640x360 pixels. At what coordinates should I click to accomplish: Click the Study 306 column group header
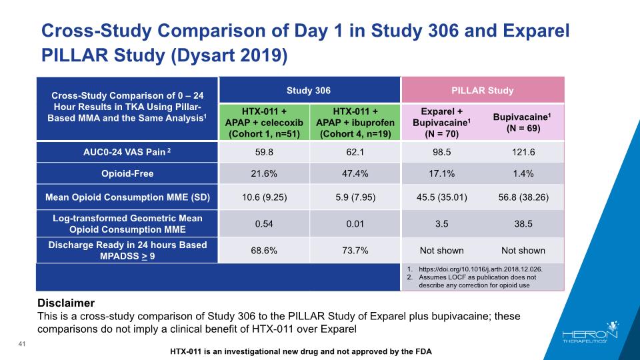(308, 90)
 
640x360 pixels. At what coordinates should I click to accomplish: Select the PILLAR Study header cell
(482, 90)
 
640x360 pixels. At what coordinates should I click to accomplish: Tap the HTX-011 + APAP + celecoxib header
(263, 122)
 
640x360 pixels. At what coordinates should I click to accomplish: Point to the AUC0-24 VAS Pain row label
(127, 151)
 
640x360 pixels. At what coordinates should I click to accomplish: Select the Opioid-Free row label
(127, 173)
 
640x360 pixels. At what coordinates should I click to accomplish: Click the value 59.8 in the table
(263, 151)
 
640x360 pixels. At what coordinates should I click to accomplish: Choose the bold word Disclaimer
(67, 303)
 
